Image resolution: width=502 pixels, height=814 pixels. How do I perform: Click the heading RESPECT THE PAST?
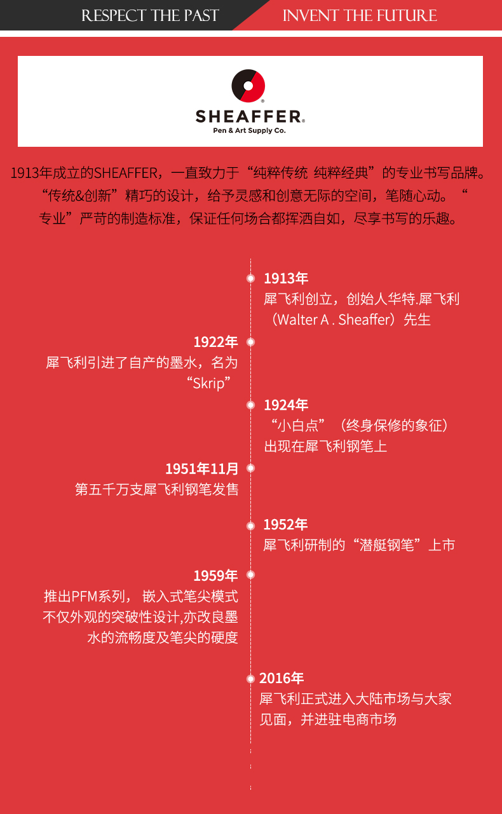150,16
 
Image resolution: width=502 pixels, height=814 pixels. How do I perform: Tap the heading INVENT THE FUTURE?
360,16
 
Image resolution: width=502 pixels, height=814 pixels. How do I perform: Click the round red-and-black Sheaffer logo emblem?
248,86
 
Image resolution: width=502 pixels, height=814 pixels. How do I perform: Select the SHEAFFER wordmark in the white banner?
249,117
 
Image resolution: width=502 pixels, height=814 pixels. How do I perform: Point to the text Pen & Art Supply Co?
249,130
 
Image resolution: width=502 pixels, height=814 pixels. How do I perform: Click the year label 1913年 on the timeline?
286,278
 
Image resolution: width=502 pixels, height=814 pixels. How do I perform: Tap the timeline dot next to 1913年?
250,278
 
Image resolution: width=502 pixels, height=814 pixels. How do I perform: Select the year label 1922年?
215,342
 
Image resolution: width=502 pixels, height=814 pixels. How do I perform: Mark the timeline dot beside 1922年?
250,342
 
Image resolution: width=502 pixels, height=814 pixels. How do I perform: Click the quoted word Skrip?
208,384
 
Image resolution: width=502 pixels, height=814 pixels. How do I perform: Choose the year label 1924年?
286,405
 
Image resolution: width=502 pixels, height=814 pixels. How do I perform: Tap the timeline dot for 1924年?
250,405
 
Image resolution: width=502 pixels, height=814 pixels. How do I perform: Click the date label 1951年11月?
201,469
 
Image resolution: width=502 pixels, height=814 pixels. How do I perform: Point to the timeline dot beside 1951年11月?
250,468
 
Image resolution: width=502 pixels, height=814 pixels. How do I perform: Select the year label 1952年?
285,525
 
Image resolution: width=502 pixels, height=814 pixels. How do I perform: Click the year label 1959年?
215,576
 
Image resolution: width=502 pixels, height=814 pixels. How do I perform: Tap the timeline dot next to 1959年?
250,574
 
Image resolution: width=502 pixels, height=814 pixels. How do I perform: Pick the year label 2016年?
282,679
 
